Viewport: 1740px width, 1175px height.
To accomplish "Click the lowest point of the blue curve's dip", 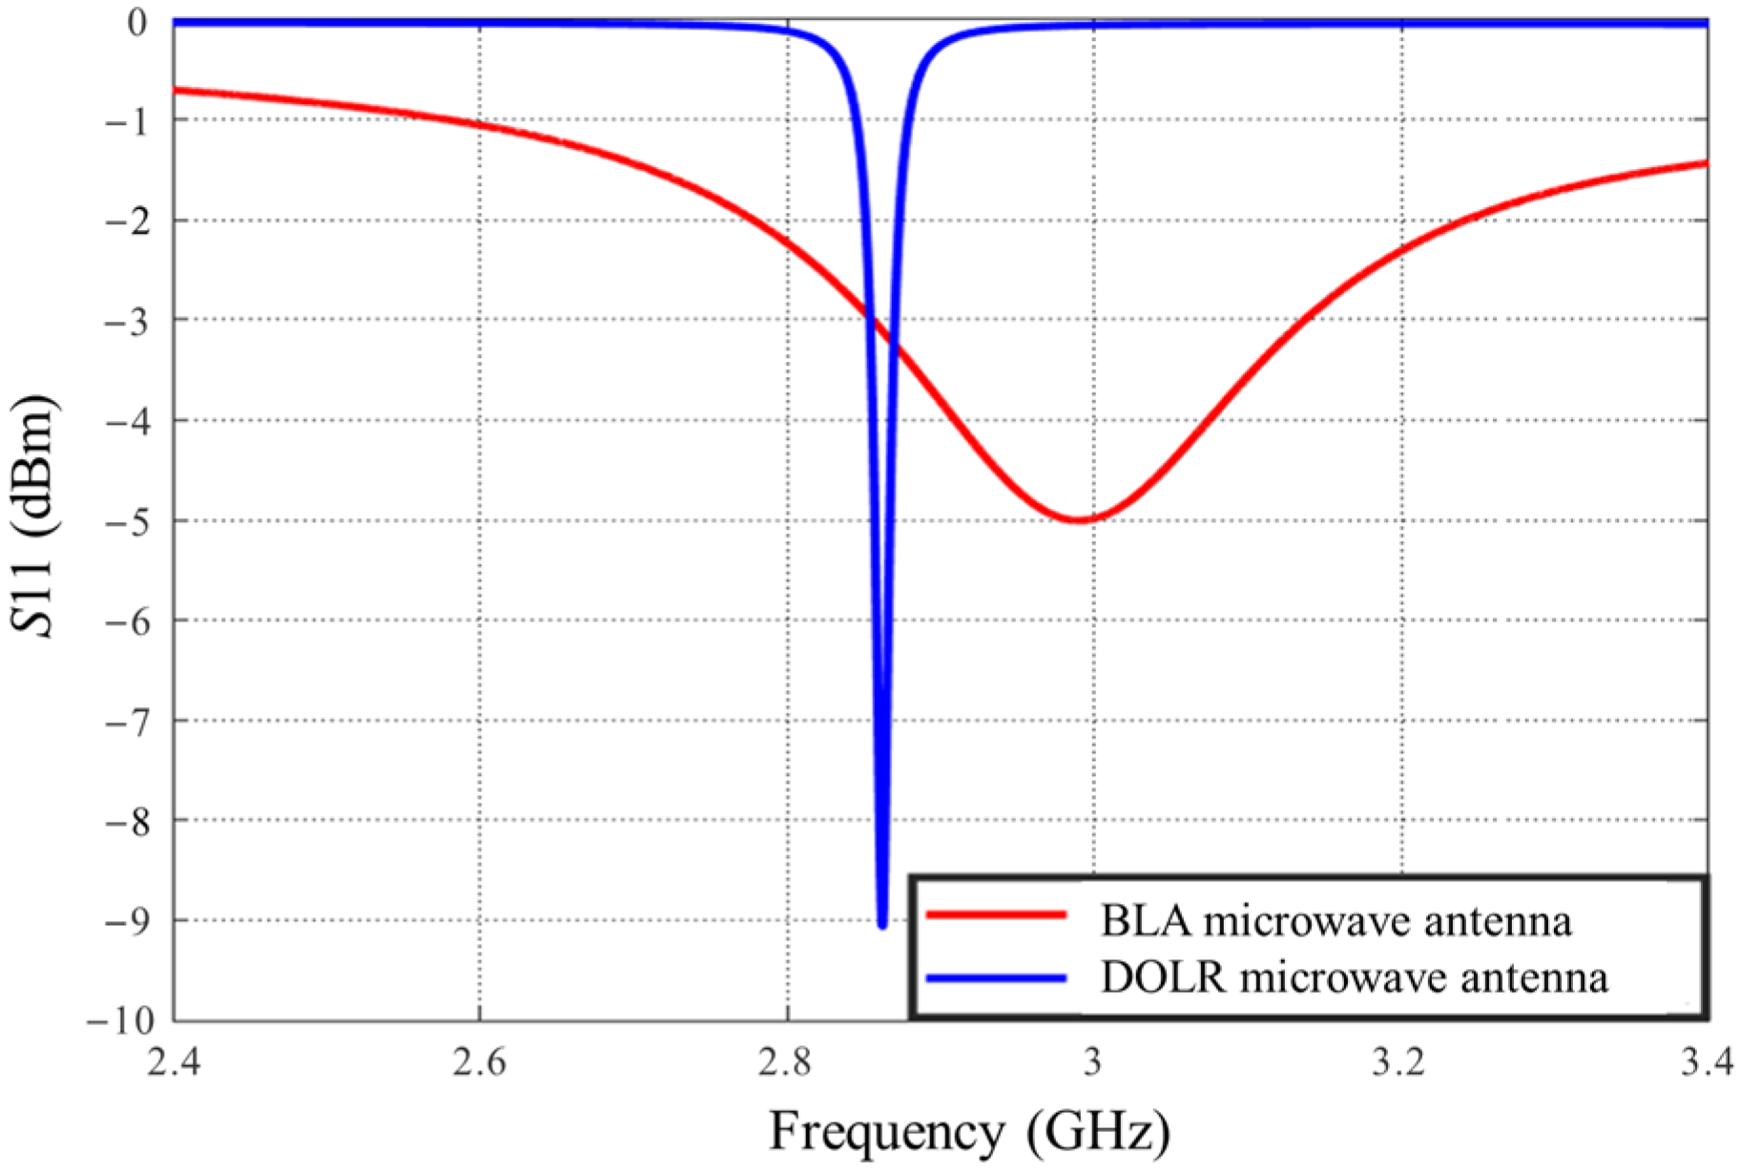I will tap(882, 924).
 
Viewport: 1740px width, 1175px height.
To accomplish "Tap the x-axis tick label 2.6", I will tap(480, 1062).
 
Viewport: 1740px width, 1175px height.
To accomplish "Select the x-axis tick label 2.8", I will tap(787, 1062).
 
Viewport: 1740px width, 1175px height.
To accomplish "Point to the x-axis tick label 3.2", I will tap(1400, 1062).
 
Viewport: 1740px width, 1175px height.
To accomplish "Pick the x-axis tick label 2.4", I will tap(174, 1062).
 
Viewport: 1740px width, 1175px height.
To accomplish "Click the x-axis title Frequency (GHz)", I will tap(968, 1133).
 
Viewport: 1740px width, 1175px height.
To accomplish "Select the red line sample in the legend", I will tap(996, 914).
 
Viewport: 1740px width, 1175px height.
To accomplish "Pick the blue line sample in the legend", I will tap(996, 977).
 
